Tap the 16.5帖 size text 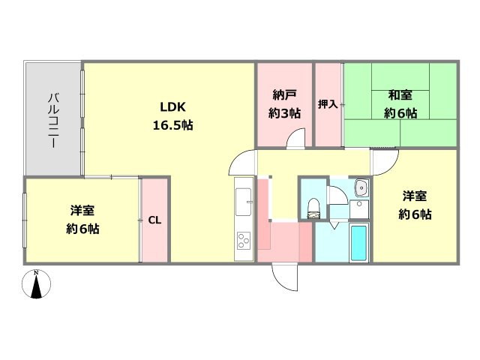coord(173,125)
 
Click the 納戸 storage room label coord(285,95)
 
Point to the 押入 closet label coord(328,104)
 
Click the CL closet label coord(154,220)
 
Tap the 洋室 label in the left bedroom coord(82,211)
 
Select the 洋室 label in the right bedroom coord(415,196)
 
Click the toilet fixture coord(313,205)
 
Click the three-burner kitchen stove coord(244,241)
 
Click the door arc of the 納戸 coord(297,139)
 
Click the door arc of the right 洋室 coord(385,160)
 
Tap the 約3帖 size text coord(285,113)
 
